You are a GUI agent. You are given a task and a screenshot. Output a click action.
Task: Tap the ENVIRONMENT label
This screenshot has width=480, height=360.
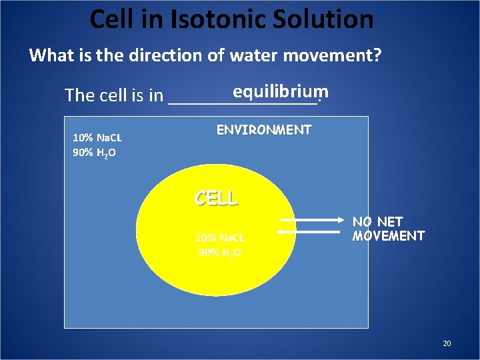coord(264,130)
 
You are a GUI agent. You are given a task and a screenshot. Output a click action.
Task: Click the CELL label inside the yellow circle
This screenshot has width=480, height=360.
coord(215,198)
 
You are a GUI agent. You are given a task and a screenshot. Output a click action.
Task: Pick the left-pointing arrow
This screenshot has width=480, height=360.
coord(312,231)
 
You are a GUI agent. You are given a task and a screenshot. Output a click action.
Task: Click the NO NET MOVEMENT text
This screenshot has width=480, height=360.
coord(388,229)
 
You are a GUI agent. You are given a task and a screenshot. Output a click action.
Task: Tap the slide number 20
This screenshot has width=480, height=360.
coord(447,343)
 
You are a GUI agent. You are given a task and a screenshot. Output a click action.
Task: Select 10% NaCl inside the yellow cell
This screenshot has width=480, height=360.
coord(219,237)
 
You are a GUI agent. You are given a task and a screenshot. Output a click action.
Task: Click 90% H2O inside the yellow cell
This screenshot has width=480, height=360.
coord(219,252)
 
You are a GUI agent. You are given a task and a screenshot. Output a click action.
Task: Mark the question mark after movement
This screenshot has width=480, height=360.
coord(377,55)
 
